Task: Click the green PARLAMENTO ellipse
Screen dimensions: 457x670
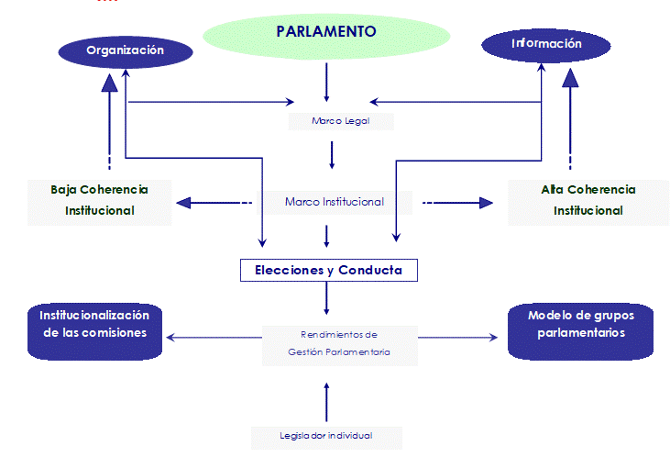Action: click(x=326, y=33)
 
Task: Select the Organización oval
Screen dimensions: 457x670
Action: click(x=125, y=51)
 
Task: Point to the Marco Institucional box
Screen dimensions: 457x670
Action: click(x=334, y=202)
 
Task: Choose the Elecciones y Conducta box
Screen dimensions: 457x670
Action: click(x=328, y=271)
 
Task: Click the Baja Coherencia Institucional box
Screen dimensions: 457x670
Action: click(x=100, y=200)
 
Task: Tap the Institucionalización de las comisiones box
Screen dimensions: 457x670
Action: click(x=94, y=324)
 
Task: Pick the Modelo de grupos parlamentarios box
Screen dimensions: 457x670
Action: click(x=581, y=324)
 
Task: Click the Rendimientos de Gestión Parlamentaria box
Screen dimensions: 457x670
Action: click(x=338, y=342)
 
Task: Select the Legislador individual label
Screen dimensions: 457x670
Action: click(x=326, y=435)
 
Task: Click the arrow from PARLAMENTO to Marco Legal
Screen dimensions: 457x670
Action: click(x=326, y=86)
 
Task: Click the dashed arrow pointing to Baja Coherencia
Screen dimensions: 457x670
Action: click(x=214, y=203)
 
